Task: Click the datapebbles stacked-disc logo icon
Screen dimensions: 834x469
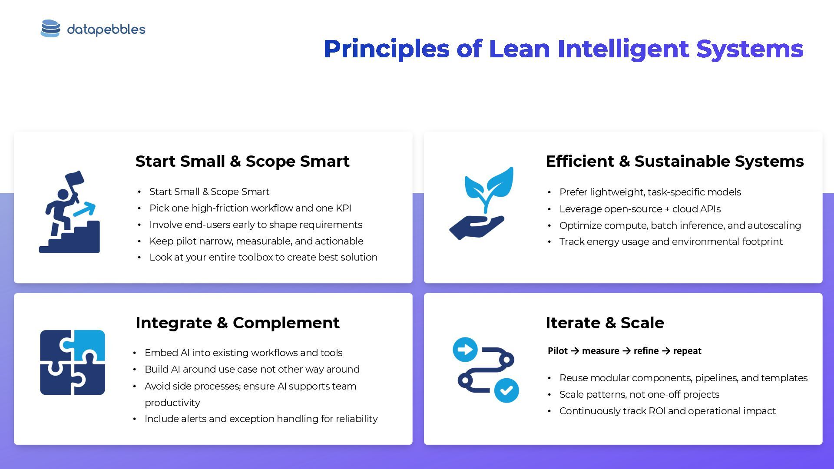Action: (50, 29)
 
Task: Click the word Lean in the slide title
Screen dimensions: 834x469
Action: (520, 49)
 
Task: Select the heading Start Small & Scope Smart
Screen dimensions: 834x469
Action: (242, 161)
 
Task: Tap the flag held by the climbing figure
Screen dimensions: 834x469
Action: (75, 178)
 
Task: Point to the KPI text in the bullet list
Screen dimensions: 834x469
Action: (343, 208)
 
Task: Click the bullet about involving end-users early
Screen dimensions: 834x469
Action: (255, 225)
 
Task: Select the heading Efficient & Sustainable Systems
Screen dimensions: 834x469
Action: (674, 161)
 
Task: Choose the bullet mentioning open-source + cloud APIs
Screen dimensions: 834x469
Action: (639, 209)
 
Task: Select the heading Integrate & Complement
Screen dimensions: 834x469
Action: (237, 323)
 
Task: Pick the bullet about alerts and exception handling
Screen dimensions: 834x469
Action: (261, 419)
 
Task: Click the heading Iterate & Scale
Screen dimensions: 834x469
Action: (605, 323)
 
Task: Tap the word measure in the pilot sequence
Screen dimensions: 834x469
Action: (600, 351)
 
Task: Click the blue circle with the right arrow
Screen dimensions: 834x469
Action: (465, 350)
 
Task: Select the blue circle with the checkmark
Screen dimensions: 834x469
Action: (506, 390)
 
